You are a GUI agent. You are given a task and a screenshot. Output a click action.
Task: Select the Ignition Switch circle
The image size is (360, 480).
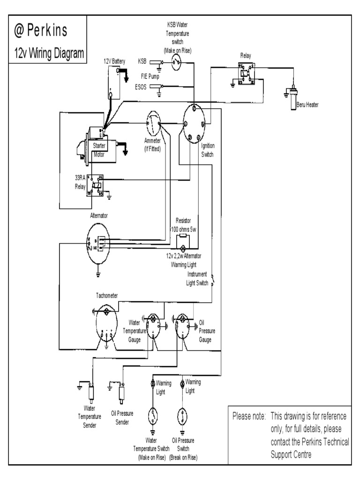point(194,123)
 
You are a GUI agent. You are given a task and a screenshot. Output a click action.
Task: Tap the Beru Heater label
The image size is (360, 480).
point(307,105)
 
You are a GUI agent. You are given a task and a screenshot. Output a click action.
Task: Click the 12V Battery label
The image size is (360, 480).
point(114,61)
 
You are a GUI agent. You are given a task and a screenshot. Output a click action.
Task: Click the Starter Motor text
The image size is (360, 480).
point(99,149)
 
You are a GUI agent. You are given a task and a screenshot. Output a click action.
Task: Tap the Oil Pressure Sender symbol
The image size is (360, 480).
point(122,392)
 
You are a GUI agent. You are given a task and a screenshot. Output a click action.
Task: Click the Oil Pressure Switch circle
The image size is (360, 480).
point(182,416)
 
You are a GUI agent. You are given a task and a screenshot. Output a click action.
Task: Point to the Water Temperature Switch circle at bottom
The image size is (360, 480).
point(153,416)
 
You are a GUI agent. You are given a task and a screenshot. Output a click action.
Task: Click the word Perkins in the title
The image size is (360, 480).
point(47,30)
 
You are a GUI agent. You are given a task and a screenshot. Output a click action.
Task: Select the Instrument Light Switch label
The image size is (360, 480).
point(198,278)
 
